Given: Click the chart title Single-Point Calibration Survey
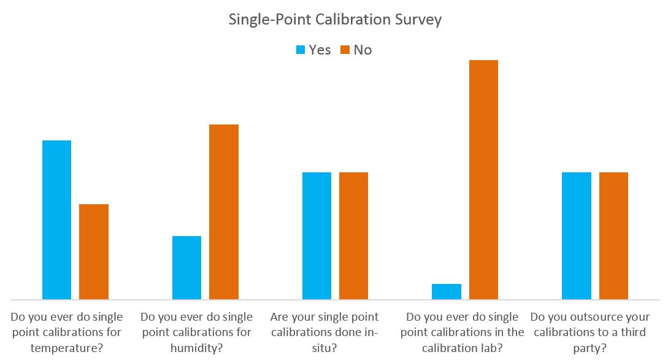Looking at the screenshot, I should (x=335, y=20).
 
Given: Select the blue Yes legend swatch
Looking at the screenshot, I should (x=301, y=50).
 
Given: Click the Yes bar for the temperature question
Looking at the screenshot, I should (x=56, y=220).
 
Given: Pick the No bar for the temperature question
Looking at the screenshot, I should (x=94, y=251).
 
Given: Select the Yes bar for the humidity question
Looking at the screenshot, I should (x=186, y=267).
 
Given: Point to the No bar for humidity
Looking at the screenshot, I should (x=224, y=212).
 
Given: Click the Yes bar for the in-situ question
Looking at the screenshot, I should (x=317, y=236).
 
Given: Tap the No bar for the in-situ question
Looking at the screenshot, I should (x=353, y=236).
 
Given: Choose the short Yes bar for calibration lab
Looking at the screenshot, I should (x=447, y=291).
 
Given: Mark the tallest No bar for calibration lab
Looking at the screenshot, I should (x=483, y=179).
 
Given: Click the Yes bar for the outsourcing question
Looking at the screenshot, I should (x=577, y=236).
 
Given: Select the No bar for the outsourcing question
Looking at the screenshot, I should (x=613, y=236).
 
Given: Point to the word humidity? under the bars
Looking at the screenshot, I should (x=196, y=348).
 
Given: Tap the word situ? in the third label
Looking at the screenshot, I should (x=324, y=348).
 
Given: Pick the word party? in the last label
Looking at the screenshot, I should (x=589, y=348).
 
